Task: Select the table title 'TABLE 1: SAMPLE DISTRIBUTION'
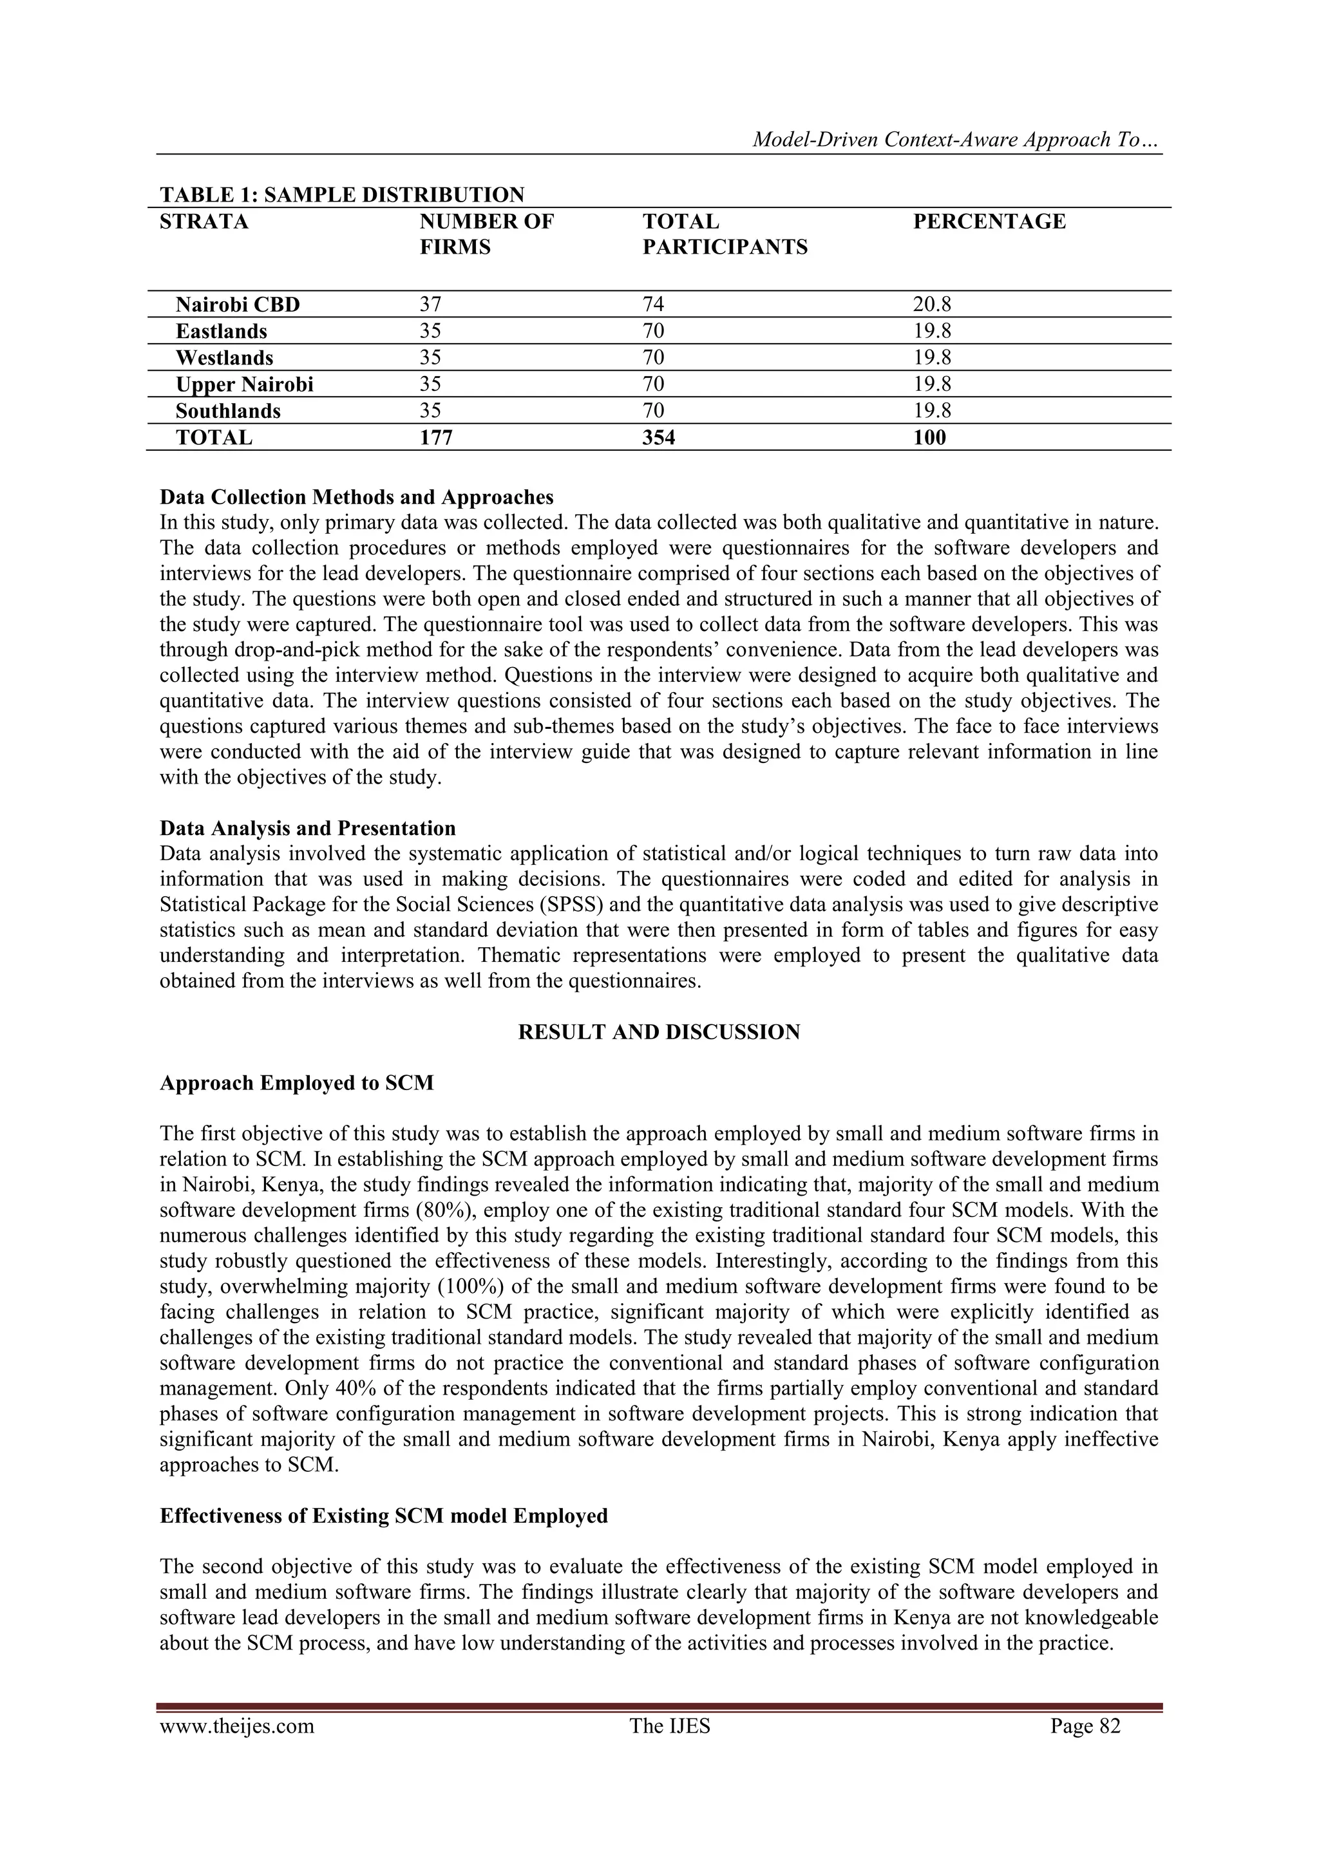[342, 195]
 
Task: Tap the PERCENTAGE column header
[989, 221]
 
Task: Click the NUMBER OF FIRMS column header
[486, 234]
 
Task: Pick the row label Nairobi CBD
[237, 305]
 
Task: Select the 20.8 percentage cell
[931, 305]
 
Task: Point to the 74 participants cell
[653, 305]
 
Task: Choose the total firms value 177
[435, 438]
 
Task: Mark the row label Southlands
[227, 411]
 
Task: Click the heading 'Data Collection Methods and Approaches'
[357, 497]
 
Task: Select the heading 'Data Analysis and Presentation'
[307, 829]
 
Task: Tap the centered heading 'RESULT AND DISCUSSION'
[659, 1033]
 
